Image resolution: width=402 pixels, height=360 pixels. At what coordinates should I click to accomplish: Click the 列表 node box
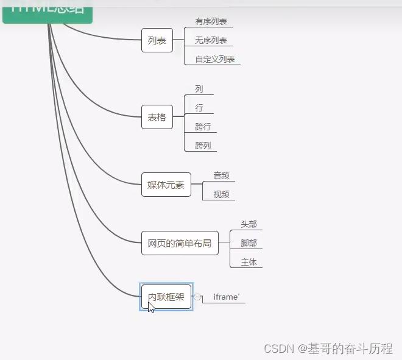coord(157,40)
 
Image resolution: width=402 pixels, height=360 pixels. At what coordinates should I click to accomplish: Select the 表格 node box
coord(157,118)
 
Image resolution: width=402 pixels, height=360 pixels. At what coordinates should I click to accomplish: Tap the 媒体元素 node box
coord(166,185)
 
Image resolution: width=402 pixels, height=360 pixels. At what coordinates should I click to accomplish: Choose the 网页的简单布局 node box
coord(180,243)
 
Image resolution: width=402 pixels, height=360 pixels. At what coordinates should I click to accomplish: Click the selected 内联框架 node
coord(166,297)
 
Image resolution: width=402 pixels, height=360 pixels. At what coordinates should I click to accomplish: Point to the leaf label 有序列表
coord(211,22)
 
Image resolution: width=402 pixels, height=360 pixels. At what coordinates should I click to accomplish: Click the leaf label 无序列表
coord(211,41)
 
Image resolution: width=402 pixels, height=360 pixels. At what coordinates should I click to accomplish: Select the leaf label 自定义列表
coord(215,60)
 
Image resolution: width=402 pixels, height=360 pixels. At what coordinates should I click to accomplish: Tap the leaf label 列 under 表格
coord(199,89)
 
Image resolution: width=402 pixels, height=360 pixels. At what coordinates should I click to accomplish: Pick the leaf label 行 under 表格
coord(199,108)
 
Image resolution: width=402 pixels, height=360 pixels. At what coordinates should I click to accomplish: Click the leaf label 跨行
coord(203,127)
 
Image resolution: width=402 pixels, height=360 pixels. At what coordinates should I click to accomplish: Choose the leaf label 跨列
coord(203,146)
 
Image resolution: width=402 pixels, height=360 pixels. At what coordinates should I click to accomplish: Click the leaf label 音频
coord(221,175)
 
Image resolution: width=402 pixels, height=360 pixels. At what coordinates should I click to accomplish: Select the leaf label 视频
coord(221,194)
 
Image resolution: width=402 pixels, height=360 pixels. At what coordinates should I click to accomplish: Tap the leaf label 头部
coord(249,224)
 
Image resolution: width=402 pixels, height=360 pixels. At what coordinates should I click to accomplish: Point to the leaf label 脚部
coord(249,243)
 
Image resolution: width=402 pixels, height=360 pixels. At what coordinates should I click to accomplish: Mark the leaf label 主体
coord(249,262)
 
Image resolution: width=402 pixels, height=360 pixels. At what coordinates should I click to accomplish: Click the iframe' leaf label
coord(226,297)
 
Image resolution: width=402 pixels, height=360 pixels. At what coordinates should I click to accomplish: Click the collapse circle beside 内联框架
coord(197,297)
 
